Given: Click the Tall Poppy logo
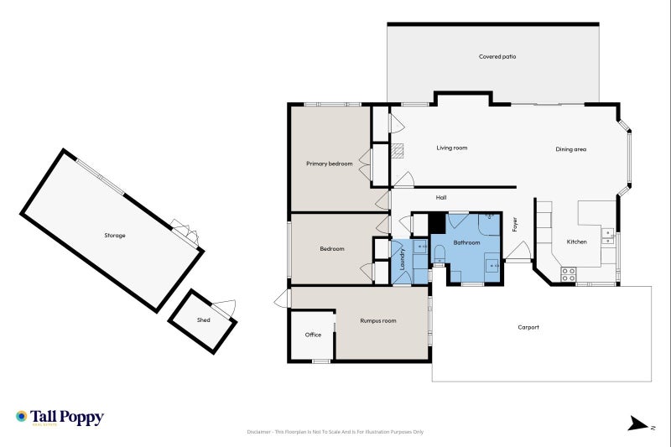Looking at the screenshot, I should point(60,417).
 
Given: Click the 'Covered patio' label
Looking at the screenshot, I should point(497,57).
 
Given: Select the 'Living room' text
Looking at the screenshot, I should point(451,148).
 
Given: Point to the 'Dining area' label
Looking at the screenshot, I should point(570,149).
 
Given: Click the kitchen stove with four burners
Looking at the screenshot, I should point(568,272).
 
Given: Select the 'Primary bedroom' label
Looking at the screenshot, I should point(329,164).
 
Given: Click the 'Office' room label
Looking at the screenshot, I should point(313,335).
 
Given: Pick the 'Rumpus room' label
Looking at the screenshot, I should point(377,320).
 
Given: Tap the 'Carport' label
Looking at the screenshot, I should point(528,327).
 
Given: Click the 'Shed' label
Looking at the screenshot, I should point(203,320).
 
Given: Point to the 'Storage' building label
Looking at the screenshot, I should point(115,236).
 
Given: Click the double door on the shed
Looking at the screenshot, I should point(226,309).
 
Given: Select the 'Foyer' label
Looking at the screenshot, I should point(515,225).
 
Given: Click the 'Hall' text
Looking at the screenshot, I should point(441,198).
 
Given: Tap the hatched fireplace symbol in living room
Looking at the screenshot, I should point(400,151).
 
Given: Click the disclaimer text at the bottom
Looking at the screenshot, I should point(335,432).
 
